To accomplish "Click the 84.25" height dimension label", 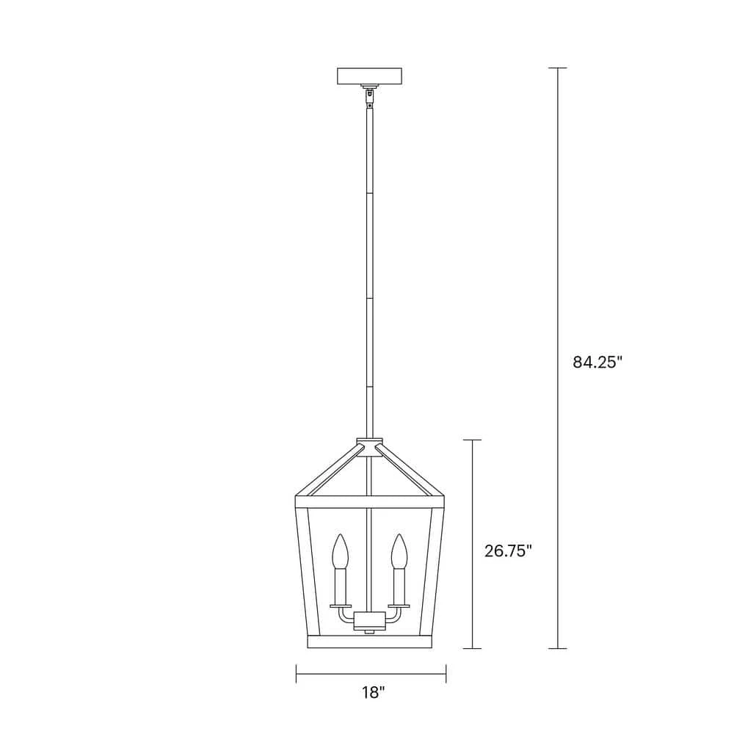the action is [597, 362].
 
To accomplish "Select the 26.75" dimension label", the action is [509, 551].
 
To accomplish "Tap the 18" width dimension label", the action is [373, 692].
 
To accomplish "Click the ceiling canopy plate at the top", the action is [370, 76].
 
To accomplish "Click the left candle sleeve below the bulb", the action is [340, 587].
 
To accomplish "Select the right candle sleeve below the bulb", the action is [399, 587].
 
